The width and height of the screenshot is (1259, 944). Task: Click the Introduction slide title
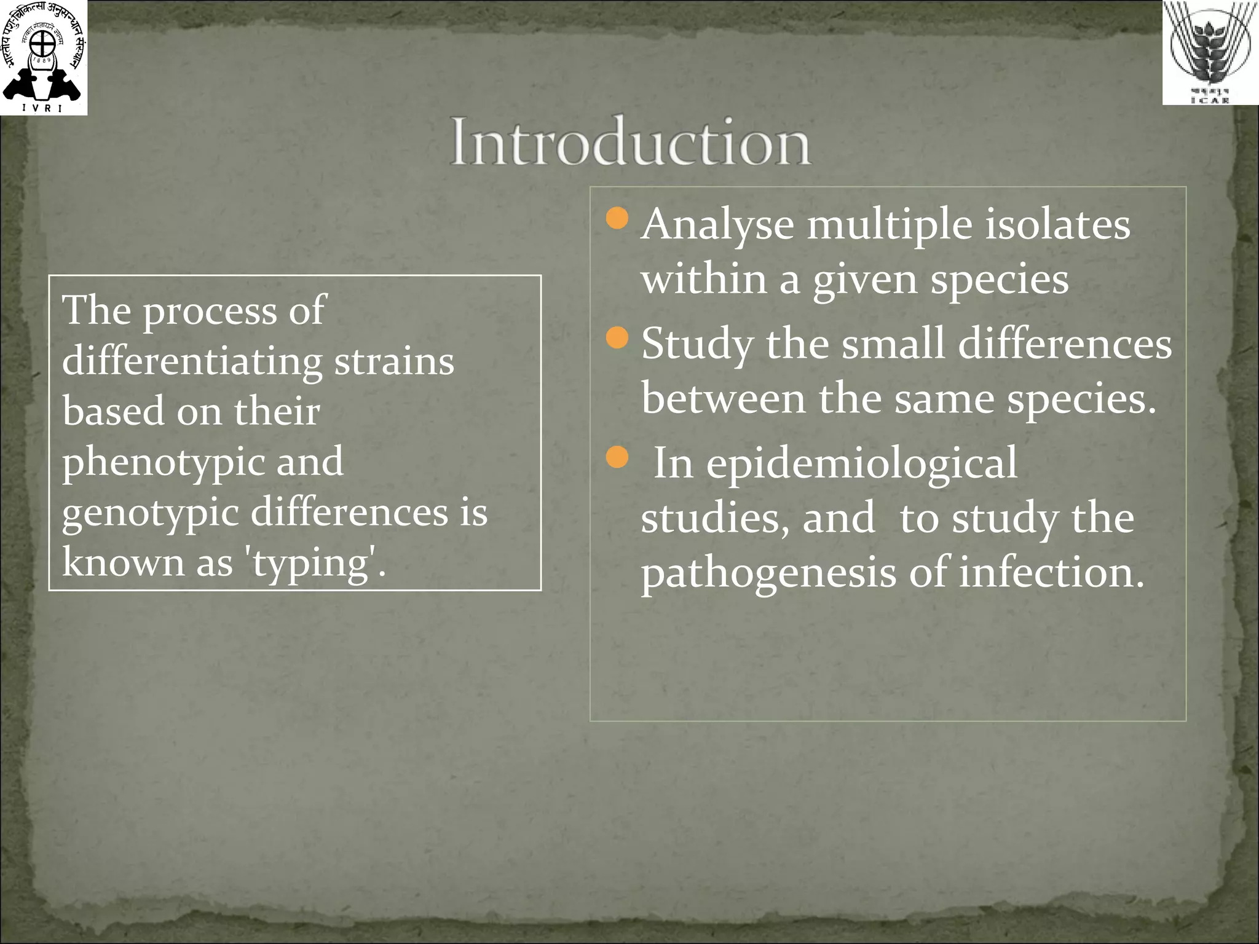[630, 143]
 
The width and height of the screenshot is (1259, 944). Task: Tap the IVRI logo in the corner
[44, 58]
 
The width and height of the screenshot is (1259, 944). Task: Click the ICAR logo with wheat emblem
[1209, 52]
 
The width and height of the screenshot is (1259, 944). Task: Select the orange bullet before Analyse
[617, 218]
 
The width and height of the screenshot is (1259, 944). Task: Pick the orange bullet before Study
[617, 337]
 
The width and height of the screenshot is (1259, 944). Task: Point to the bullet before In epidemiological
[617, 457]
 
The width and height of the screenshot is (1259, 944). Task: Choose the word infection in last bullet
[1051, 572]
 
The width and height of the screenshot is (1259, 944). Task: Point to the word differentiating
[192, 363]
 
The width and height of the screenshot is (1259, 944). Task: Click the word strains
[394, 361]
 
